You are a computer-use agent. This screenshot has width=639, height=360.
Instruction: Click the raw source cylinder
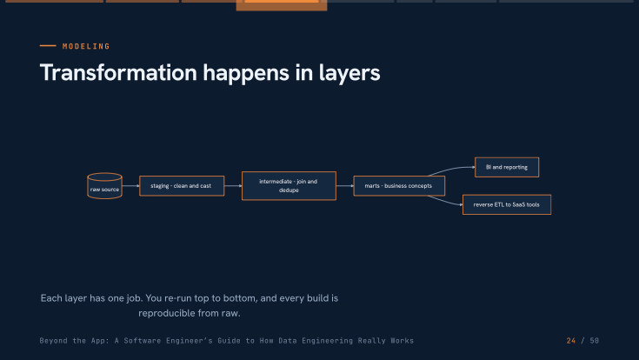click(x=104, y=186)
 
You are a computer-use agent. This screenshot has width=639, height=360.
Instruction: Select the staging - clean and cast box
click(x=182, y=186)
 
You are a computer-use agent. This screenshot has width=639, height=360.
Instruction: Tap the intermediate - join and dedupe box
click(x=289, y=186)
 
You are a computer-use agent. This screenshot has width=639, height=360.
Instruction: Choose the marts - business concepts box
click(x=399, y=186)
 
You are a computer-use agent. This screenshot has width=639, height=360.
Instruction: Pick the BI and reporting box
click(x=507, y=167)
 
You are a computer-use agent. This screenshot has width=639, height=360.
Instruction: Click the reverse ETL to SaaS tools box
click(x=507, y=204)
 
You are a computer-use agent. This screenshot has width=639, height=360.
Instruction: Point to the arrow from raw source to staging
click(x=130, y=186)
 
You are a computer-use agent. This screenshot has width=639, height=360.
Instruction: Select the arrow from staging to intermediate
click(x=233, y=186)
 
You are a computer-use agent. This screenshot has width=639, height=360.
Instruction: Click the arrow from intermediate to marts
click(x=345, y=186)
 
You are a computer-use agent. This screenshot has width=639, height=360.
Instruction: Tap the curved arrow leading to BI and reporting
click(x=450, y=169)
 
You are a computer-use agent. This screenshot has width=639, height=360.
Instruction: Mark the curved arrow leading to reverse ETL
click(x=444, y=201)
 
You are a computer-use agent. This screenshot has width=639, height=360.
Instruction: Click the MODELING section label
click(x=86, y=46)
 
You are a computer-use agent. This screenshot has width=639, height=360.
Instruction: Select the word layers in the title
click(x=349, y=73)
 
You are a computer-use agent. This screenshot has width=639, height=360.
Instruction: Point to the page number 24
click(x=571, y=341)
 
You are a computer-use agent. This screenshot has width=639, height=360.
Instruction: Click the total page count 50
click(x=594, y=341)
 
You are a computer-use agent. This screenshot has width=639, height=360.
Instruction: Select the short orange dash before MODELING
click(x=48, y=46)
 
